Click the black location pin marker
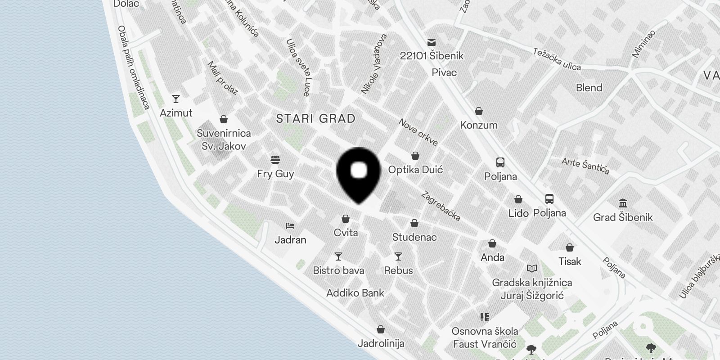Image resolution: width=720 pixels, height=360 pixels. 359,173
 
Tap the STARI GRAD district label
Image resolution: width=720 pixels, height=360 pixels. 315,119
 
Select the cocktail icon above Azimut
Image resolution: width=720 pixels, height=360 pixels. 176,99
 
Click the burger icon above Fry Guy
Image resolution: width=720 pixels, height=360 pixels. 275,160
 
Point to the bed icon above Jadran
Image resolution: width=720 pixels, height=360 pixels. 290,226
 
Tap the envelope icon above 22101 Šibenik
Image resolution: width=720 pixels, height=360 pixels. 432,42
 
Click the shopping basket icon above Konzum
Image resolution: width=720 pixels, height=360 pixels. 479,111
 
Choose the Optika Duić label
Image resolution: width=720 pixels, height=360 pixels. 415,170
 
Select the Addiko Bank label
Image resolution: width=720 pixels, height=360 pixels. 355,293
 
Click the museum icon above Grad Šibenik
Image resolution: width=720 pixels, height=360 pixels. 623,203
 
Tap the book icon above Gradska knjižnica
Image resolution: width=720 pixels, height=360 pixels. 532,269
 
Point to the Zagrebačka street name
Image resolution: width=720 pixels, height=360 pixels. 441,207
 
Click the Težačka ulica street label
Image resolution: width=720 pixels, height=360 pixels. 557,59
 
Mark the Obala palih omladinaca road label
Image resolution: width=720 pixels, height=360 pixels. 133,67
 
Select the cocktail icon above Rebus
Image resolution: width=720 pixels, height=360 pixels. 398,256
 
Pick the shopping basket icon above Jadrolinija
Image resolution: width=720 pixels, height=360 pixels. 381,329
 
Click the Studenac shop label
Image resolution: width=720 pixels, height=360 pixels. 414,237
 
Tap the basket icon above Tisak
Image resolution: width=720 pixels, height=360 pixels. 570,247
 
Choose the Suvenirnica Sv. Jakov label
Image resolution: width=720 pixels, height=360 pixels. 224,139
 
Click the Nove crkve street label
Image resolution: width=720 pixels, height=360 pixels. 418,132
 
